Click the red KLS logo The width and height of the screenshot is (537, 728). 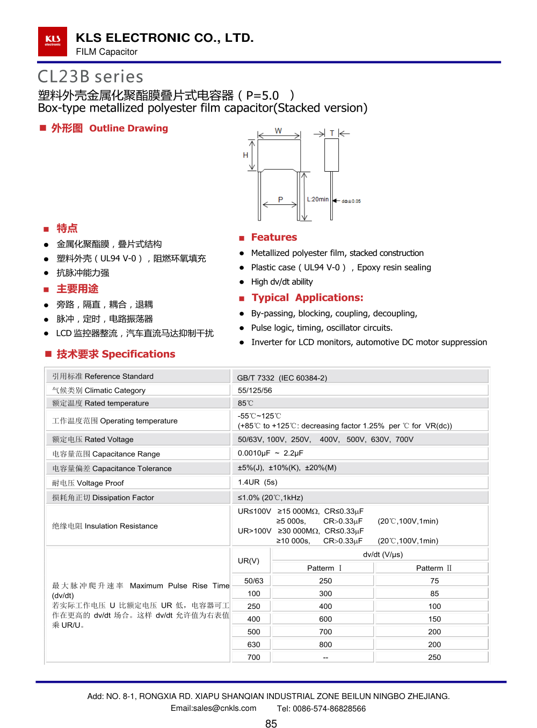click(x=52, y=41)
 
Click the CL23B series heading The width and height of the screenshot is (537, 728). click(x=90, y=77)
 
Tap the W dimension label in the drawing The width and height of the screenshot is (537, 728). click(x=278, y=130)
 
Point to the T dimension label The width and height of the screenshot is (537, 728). click(x=332, y=133)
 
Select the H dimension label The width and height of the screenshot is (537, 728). click(x=245, y=155)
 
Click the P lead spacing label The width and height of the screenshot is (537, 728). click(x=280, y=200)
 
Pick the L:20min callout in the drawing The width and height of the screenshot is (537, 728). click(x=317, y=199)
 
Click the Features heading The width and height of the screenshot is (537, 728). click(x=274, y=237)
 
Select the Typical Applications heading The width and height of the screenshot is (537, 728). click(x=307, y=298)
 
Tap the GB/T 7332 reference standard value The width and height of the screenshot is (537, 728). click(x=282, y=378)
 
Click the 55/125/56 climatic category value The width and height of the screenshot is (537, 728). click(x=255, y=391)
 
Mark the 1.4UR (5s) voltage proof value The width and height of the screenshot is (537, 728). click(x=257, y=482)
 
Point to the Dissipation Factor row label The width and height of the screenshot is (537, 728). click(x=103, y=498)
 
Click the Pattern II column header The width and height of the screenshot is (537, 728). click(x=434, y=568)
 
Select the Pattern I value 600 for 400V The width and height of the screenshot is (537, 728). click(x=325, y=619)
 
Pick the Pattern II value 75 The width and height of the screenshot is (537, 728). click(x=434, y=581)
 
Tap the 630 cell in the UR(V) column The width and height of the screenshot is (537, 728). click(x=253, y=645)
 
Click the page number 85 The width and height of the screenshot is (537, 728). click(x=271, y=724)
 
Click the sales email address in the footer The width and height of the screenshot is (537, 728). click(x=213, y=708)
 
